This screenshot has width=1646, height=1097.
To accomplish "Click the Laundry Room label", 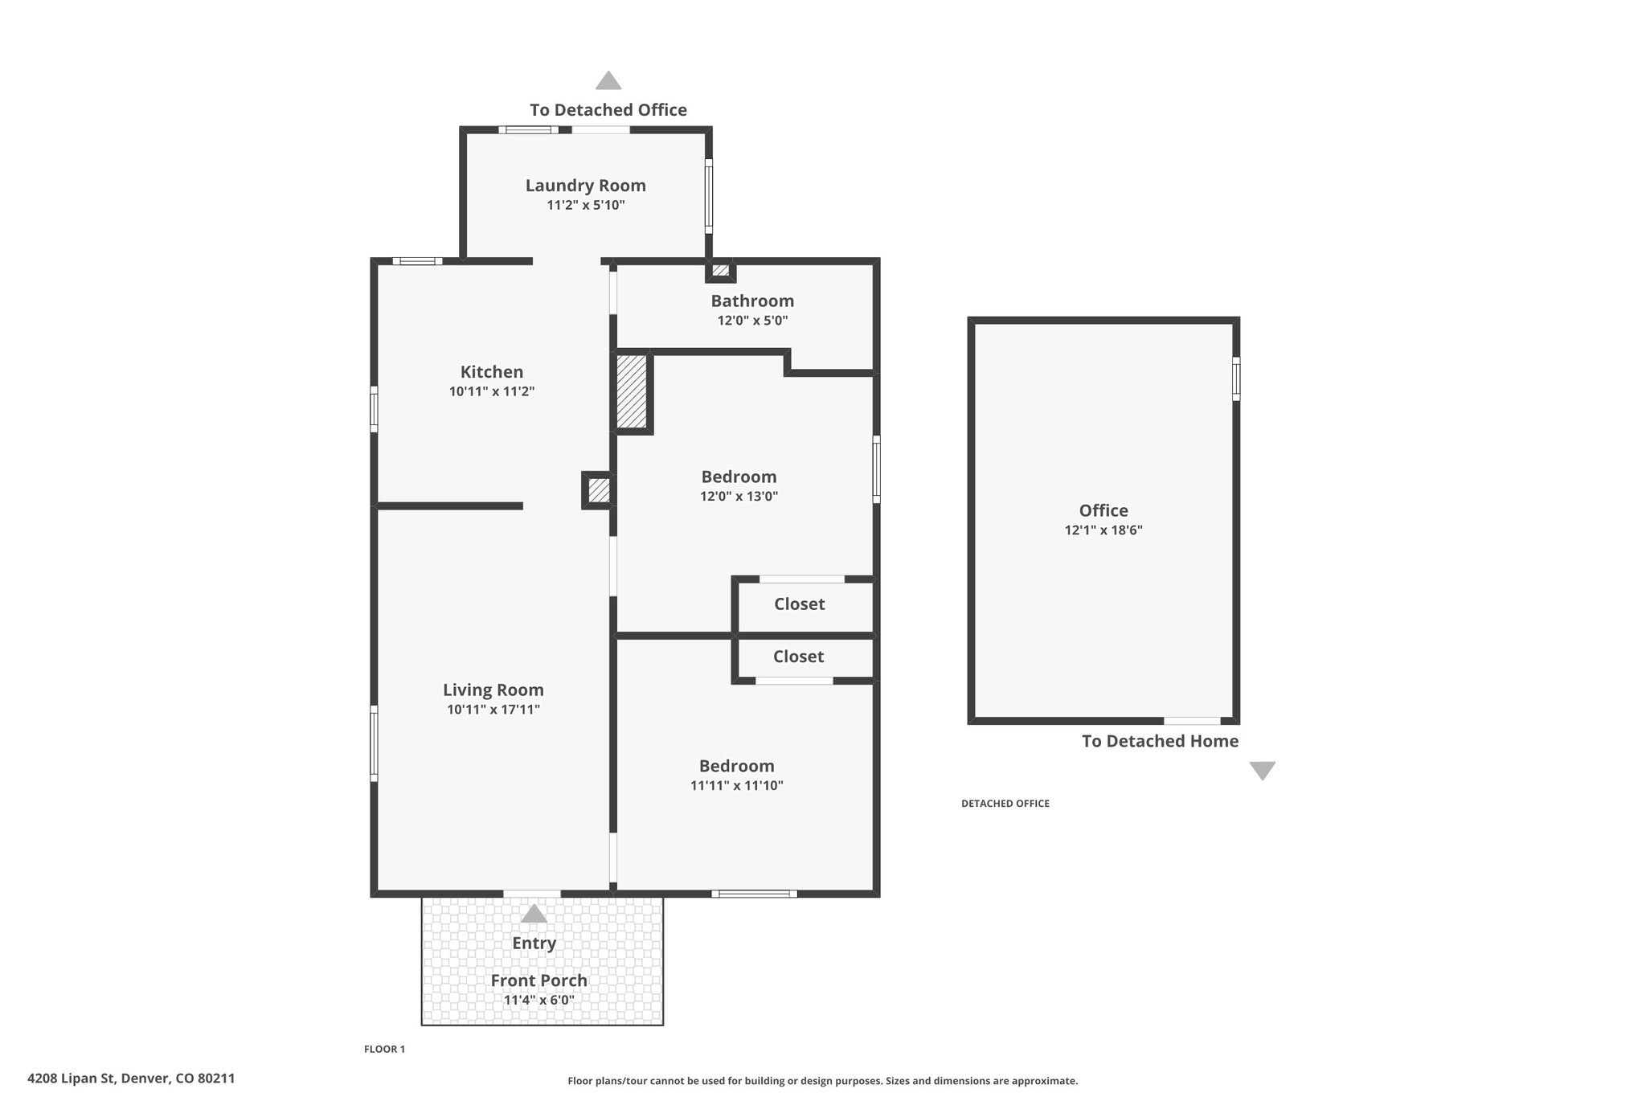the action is (585, 186).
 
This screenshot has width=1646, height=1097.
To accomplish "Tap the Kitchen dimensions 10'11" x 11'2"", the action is (492, 391).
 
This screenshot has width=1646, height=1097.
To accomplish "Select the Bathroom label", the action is (752, 301).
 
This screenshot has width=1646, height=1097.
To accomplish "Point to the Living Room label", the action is (493, 690).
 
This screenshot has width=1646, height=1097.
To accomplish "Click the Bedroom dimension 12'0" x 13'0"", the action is (739, 497).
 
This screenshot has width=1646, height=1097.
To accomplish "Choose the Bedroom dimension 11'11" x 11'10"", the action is (736, 786).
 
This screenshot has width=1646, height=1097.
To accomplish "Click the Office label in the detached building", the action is (1103, 510).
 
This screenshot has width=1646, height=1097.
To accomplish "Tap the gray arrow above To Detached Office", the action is (608, 80).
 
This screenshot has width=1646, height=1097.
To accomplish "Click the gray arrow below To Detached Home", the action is (1262, 771).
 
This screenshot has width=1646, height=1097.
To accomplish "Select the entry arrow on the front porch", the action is (534, 914).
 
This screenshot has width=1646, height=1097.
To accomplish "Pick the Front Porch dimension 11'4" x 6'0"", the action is (538, 1001).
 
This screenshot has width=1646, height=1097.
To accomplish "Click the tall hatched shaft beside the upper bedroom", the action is (632, 391).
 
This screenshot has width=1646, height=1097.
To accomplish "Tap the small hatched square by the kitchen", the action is (598, 490).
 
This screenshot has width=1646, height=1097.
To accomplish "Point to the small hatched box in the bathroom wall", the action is (721, 270).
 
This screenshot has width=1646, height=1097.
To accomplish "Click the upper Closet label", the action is (799, 604).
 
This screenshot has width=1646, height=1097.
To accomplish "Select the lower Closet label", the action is (798, 657).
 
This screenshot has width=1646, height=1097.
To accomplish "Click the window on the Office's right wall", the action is (1236, 379).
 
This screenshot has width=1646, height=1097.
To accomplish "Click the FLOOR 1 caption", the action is (384, 1049).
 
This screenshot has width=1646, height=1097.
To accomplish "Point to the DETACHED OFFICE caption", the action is (1005, 804).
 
